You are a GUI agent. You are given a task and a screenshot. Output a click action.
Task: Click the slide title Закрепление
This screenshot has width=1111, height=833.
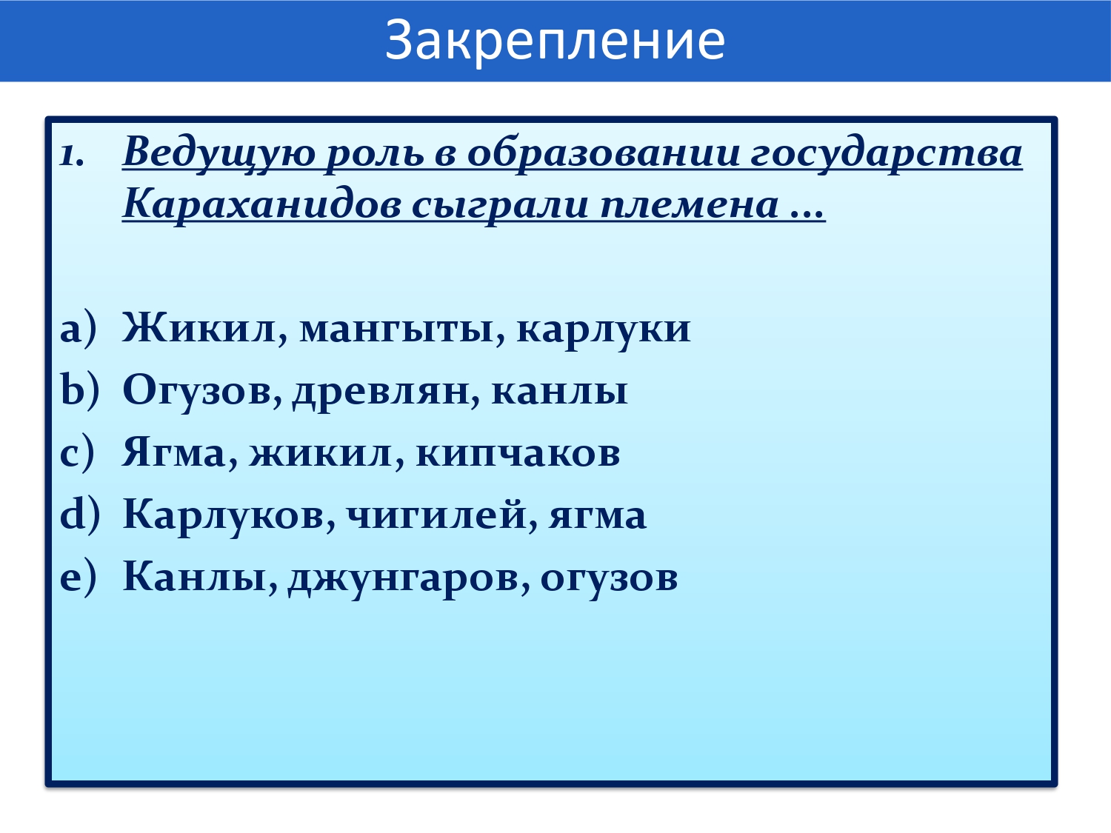(x=555, y=41)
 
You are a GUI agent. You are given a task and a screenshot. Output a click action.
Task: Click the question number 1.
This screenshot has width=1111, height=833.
(x=71, y=155)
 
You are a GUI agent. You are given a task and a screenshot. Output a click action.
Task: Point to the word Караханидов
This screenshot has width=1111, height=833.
(x=262, y=205)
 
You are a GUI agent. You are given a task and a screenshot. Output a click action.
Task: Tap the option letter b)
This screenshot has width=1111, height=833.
(x=79, y=391)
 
